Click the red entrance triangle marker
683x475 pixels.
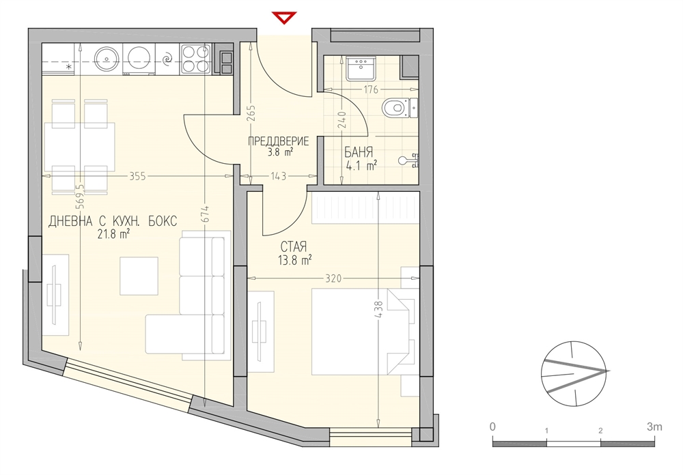284,18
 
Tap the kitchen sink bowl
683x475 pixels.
105,59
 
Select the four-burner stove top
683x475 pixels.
196,59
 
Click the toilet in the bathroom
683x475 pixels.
399,108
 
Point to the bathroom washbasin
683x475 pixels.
360,68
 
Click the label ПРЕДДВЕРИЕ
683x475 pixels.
279,141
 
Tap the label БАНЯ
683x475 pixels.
359,152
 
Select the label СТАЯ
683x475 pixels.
294,247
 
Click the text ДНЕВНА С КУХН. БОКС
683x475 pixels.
113,221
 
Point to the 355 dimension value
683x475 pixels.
138,176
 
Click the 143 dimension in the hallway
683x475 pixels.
279,176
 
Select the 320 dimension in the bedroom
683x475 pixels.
333,278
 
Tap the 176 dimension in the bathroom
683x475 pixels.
370,90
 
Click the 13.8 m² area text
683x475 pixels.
295,261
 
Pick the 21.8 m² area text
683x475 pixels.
113,235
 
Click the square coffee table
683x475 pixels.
139,276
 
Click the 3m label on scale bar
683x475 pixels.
654,427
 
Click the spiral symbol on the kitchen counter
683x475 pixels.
167,59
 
